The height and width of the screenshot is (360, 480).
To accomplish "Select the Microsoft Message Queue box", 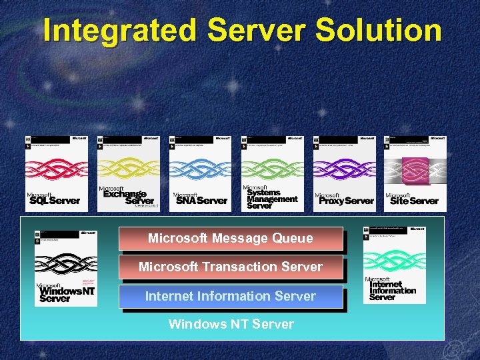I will coord(231,239).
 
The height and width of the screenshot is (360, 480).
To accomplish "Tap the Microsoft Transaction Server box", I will coord(231,267).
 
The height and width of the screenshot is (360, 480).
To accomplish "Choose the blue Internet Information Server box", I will coord(231,296).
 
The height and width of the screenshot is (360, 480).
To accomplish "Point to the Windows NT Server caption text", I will coord(231,325).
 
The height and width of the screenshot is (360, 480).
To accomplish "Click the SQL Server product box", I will coord(56,173).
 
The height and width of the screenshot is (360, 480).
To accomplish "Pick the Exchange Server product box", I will coord(128,173).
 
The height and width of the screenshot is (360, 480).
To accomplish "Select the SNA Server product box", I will coord(200,173).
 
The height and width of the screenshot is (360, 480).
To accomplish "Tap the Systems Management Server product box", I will coord(272,173).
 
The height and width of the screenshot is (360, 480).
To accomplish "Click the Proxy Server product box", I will coord(344,173).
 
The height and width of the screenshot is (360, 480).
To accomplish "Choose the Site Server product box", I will coord(415,173).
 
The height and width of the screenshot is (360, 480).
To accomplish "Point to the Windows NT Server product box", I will coord(65,267).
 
